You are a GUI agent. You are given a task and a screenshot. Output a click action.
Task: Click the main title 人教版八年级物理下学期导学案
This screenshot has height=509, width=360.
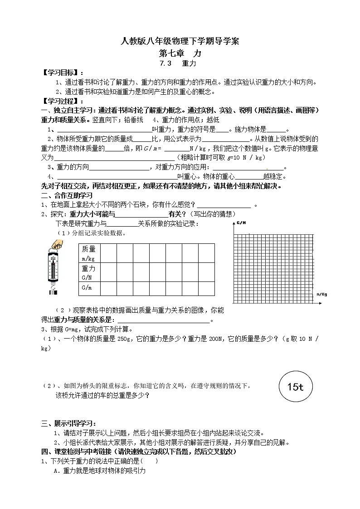[x=180, y=42]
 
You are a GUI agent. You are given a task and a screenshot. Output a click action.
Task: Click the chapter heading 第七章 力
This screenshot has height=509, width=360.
[x=180, y=53]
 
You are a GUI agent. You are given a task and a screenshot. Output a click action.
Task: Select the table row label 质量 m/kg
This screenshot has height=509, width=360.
[x=89, y=253]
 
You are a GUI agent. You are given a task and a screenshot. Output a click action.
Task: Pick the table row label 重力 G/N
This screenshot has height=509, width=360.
[x=89, y=272]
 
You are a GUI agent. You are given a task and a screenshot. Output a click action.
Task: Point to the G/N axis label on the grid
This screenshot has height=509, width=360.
[x=241, y=223]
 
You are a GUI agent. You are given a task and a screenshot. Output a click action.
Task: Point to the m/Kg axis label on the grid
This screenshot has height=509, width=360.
[x=321, y=294]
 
